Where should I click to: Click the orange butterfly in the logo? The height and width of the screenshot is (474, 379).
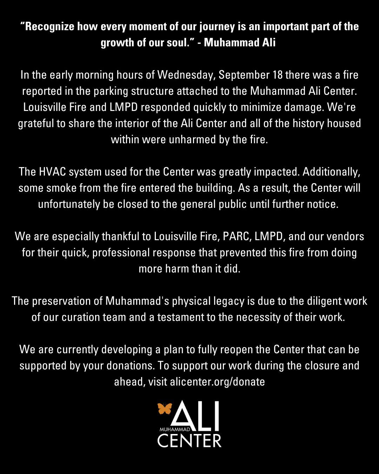click(165, 409)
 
